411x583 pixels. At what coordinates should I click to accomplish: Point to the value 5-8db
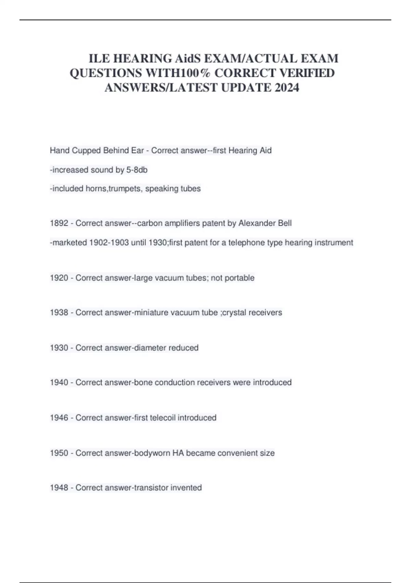tap(137, 170)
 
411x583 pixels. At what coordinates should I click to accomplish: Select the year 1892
tap(59, 223)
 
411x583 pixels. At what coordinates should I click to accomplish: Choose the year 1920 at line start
tap(59, 278)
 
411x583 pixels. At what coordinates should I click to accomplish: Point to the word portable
tap(240, 278)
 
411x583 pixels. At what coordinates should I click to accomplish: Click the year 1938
tap(59, 313)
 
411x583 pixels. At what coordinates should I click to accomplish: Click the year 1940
tap(59, 382)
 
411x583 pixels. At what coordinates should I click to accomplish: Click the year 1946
tap(59, 418)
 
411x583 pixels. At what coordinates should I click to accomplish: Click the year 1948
tap(59, 488)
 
